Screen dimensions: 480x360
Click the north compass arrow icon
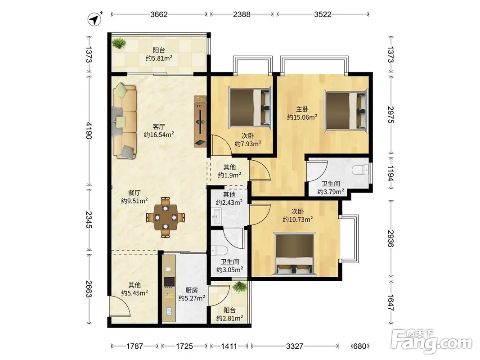pyautogui.click(x=95, y=19)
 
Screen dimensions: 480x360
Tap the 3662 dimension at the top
pyautogui.click(x=159, y=14)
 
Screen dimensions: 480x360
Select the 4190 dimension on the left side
pyautogui.click(x=89, y=130)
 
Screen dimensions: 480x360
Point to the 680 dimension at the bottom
pyautogui.click(x=359, y=346)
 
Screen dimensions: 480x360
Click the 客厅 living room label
pyautogui.click(x=158, y=126)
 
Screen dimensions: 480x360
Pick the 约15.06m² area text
pyautogui.click(x=302, y=117)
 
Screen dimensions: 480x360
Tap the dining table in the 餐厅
pyautogui.click(x=166, y=217)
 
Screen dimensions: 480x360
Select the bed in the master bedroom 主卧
pyautogui.click(x=346, y=110)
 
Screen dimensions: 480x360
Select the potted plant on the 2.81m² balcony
pyautogui.click(x=239, y=287)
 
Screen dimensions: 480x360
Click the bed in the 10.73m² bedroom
pyautogui.click(x=295, y=253)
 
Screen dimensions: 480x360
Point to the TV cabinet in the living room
pyautogui.click(x=200, y=121)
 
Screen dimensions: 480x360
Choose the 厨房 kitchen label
pyautogui.click(x=192, y=290)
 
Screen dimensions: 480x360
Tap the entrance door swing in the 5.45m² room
pyautogui.click(x=120, y=306)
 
